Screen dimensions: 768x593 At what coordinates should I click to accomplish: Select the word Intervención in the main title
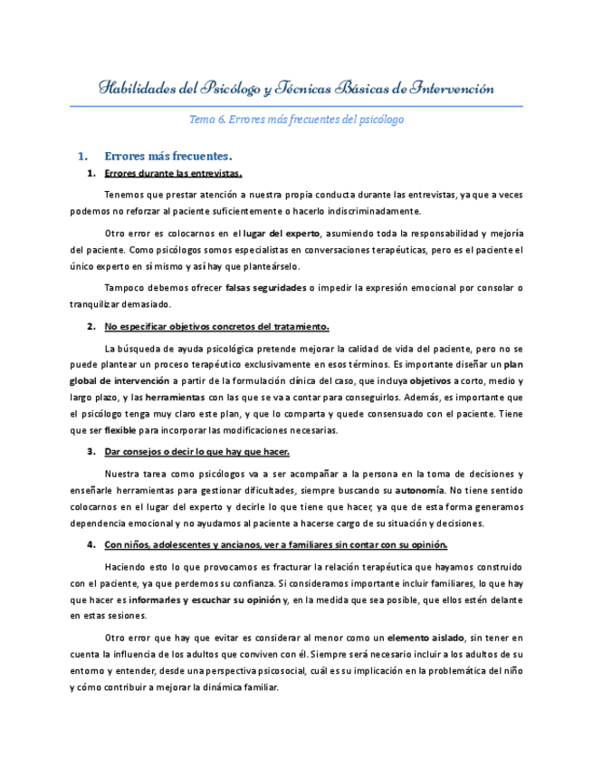[453, 89]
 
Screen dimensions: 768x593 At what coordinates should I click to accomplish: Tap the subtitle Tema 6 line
[296, 119]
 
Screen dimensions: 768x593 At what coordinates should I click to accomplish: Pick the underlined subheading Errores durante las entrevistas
[173, 173]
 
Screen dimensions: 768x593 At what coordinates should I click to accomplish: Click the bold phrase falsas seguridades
[265, 288]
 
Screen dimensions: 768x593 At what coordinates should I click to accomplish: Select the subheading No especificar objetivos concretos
[216, 326]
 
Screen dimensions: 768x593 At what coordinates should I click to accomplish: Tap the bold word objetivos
[424, 381]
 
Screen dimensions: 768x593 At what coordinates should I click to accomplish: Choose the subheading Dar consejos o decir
[196, 451]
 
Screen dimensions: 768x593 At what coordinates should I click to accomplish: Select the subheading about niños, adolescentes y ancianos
[275, 544]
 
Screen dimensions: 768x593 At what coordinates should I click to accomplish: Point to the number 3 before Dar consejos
[91, 451]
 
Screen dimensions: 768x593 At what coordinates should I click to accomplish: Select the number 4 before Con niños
[91, 544]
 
